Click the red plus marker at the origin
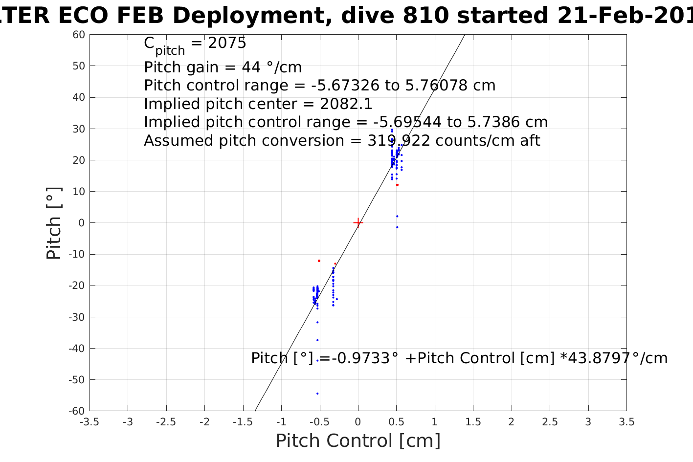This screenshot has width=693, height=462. (358, 223)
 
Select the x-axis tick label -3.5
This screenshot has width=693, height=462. (89, 422)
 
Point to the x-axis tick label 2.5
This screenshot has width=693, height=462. (550, 422)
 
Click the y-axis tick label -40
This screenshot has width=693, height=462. (77, 349)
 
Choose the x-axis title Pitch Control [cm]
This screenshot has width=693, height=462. (358, 441)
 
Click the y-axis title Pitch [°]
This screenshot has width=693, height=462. (54, 223)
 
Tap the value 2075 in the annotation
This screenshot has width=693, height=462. (227, 44)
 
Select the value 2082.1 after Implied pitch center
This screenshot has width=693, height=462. (346, 104)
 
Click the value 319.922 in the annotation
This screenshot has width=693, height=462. (399, 141)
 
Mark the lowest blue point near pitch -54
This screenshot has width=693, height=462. (317, 394)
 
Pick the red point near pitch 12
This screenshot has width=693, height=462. (397, 185)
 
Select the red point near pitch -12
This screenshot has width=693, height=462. (319, 261)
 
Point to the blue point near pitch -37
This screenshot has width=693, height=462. (317, 340)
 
